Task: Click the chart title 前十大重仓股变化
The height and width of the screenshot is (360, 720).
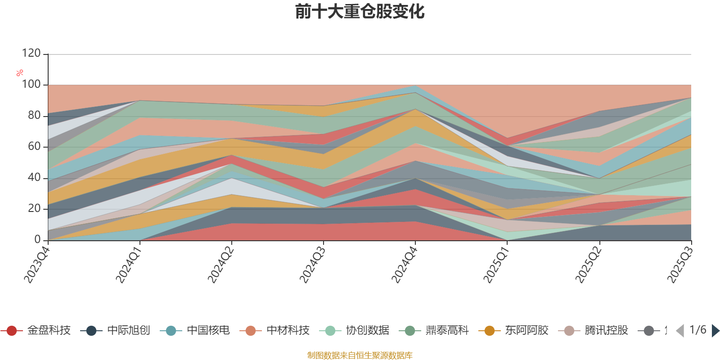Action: (360, 12)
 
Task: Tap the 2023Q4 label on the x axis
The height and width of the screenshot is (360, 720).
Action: (36, 262)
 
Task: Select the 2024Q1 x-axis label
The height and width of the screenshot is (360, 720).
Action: (128, 262)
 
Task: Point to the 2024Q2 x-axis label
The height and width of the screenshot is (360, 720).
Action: (220, 262)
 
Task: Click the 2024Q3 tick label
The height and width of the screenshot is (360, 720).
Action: (312, 262)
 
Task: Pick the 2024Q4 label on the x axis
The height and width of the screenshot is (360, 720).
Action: (404, 262)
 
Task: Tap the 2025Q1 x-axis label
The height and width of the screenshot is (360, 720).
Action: (496, 262)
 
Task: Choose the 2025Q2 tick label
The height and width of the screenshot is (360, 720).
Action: (588, 262)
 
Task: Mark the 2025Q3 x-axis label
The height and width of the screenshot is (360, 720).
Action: (679, 262)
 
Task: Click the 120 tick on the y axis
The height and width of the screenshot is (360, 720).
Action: (31, 54)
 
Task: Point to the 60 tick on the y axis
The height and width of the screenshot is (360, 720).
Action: (34, 146)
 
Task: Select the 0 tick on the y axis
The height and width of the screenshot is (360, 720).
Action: (37, 239)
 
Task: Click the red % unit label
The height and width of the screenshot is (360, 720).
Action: (19, 72)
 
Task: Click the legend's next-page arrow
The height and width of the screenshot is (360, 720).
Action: (715, 331)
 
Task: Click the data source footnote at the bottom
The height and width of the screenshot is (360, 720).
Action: (360, 355)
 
